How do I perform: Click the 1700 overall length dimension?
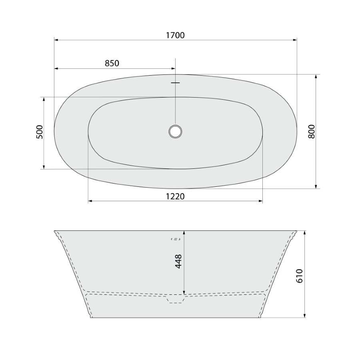(175, 35)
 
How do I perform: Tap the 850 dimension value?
(112, 63)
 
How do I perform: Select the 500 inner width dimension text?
(39, 132)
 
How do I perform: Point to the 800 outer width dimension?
(312, 131)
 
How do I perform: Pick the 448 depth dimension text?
(178, 261)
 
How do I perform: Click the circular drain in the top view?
(175, 131)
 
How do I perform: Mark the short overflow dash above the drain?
(175, 83)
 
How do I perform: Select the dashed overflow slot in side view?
(176, 239)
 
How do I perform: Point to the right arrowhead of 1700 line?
(295, 40)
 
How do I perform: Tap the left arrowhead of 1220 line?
(90, 201)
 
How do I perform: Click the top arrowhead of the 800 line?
(316, 76)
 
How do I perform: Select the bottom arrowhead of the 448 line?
(184, 292)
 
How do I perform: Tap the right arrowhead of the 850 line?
(173, 68)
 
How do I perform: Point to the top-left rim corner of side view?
(55, 231)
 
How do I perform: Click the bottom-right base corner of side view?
(260, 318)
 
